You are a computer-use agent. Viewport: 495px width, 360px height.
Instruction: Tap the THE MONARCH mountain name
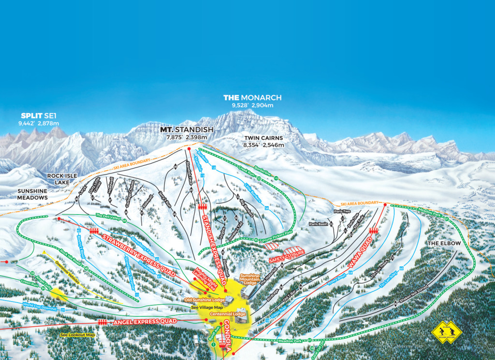coord(252,98)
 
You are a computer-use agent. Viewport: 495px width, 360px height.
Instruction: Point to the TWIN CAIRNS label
coord(263,138)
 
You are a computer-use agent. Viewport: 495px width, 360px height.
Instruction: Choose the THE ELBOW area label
coord(443,243)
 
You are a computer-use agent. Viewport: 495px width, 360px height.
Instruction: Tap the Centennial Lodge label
coord(222,314)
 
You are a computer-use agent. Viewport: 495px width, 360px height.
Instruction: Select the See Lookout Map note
coord(78,334)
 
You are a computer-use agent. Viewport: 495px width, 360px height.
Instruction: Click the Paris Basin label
coord(319,224)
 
